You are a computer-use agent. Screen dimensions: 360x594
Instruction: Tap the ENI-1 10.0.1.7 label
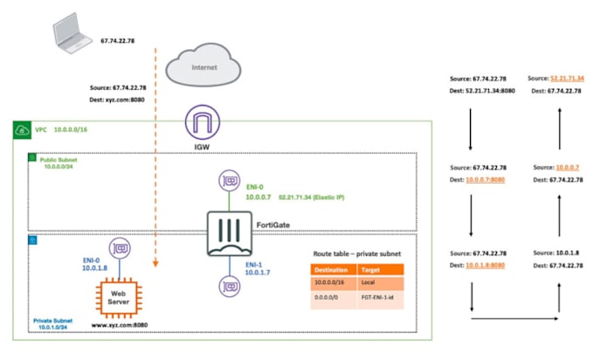pos(259,269)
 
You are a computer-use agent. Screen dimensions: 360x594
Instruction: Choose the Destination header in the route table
pos(332,271)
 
